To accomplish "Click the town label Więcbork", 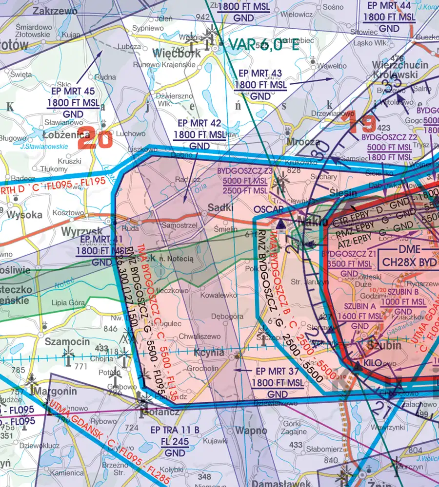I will coord(176,53).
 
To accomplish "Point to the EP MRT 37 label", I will coord(278,372).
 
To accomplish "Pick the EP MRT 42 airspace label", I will coord(200,123).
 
